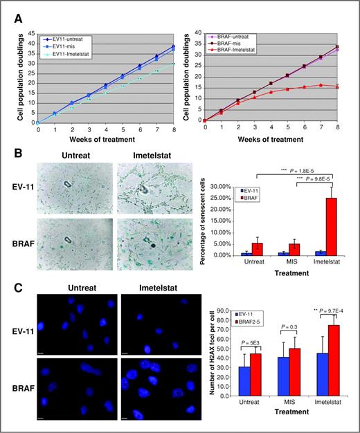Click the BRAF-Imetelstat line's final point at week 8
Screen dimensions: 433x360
[x=336, y=86]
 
